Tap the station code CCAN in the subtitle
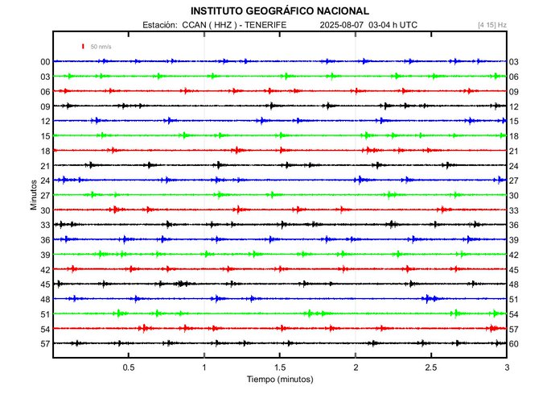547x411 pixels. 194,25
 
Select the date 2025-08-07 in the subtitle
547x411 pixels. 342,25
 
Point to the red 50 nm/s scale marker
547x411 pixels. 83,47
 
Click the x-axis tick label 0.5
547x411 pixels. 129,367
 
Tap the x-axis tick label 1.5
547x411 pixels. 280,367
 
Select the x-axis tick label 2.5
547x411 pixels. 431,367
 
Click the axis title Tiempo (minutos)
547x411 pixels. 280,379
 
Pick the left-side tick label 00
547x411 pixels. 46,62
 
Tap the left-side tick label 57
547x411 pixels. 46,344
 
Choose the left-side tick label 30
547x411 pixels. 46,210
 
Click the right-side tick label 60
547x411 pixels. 514,344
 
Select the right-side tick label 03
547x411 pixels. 514,62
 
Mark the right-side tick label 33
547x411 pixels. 514,210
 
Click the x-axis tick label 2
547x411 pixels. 356,367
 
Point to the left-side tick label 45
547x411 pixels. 46,284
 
